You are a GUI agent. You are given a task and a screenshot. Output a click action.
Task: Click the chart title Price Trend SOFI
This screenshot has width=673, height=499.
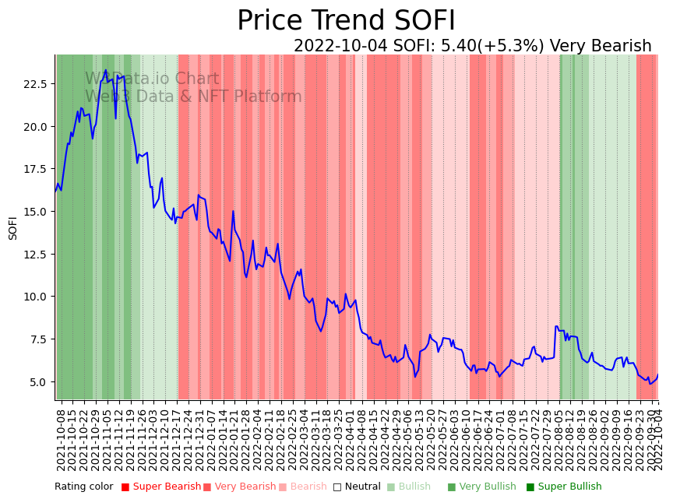tap(346, 21)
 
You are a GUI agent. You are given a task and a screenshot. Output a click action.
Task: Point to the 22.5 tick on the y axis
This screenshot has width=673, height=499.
tap(37, 84)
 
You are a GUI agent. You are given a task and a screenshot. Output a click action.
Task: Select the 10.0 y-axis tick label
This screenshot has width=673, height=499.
tap(37, 297)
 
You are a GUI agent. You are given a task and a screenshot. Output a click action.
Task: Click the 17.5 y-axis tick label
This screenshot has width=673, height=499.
tap(37, 169)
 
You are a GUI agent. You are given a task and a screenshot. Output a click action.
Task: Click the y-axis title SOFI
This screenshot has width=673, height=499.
tap(13, 228)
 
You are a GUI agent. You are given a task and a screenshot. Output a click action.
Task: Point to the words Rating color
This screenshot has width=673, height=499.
tap(83, 487)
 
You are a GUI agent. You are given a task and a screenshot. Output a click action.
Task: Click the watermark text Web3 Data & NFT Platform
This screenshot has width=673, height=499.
tap(193, 97)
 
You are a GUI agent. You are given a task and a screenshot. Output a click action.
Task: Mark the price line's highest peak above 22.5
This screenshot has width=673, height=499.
tap(106, 70)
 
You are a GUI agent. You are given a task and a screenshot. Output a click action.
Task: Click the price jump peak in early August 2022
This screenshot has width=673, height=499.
tap(556, 326)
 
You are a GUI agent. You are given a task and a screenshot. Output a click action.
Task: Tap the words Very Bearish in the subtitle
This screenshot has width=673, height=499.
tap(601, 46)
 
